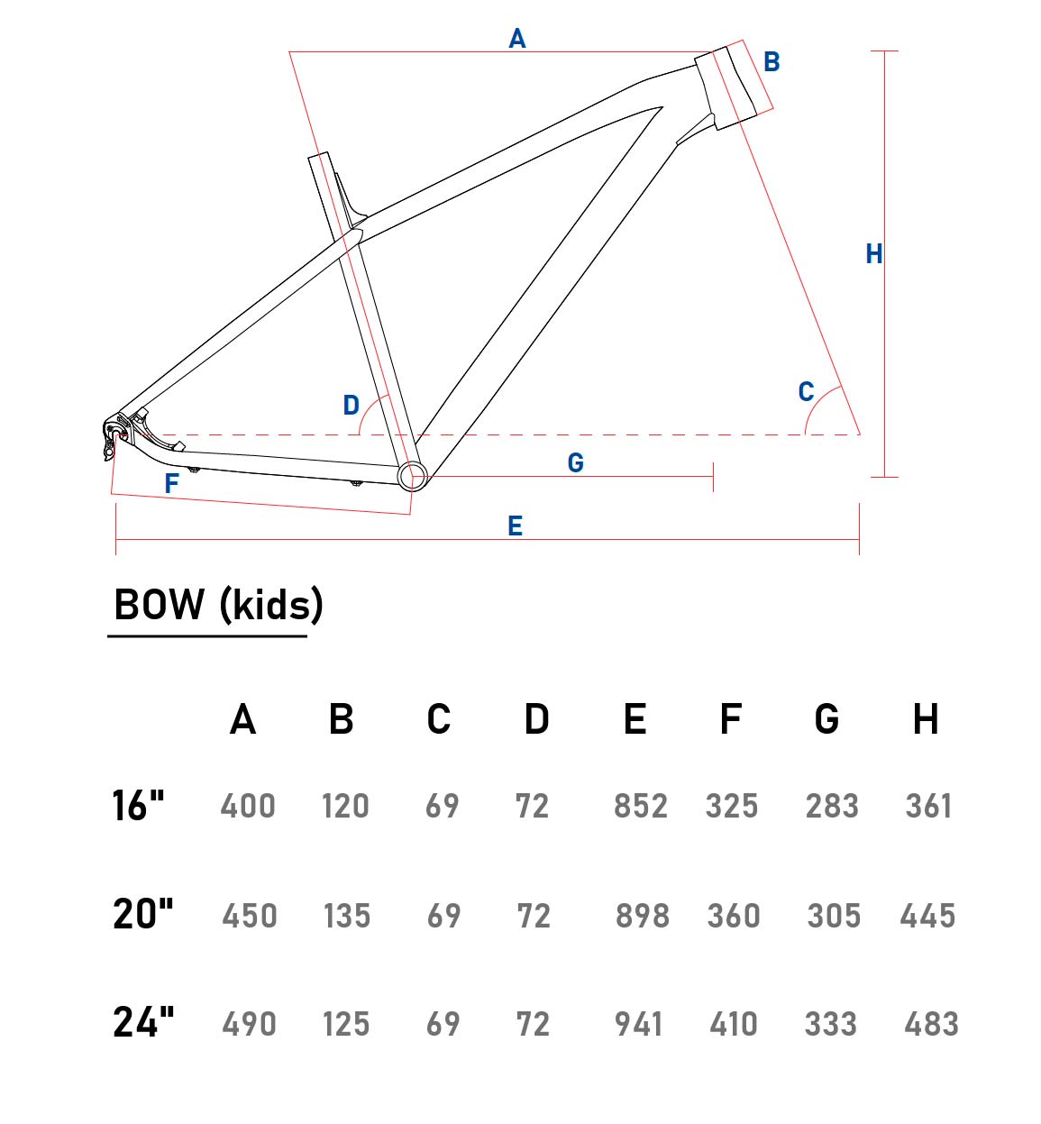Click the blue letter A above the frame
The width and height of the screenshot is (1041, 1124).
click(517, 39)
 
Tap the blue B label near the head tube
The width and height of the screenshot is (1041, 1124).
click(772, 61)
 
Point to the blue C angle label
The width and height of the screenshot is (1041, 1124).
click(806, 392)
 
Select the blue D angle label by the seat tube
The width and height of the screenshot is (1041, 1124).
click(352, 406)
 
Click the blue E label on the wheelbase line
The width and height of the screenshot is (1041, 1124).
click(516, 526)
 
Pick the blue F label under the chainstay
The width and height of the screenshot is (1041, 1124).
click(171, 483)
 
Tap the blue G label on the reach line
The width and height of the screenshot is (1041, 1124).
click(576, 463)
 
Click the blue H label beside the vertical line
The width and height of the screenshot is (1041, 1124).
click(874, 254)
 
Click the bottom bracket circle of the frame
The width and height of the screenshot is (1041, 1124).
click(412, 476)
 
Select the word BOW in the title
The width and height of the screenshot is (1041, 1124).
click(159, 605)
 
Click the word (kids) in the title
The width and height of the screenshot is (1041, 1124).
click(271, 605)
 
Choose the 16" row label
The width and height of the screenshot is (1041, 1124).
click(138, 805)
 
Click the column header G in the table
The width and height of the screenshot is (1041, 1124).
click(826, 719)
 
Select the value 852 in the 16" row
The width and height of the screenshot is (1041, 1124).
click(641, 805)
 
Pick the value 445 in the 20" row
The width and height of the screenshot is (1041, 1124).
click(927, 915)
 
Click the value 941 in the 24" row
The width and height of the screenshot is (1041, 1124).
click(639, 1023)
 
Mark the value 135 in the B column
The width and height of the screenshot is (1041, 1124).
click(347, 915)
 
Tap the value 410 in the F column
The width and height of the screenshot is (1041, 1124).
click(734, 1023)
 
